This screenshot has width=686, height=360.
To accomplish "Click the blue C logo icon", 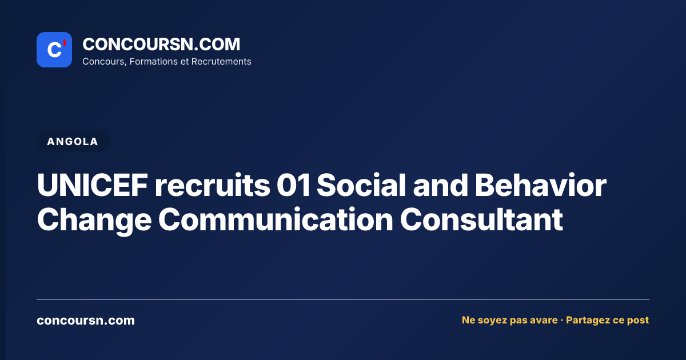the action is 54,50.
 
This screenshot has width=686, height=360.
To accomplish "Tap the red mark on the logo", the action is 65,43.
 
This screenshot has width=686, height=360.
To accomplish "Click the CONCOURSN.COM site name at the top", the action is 161,44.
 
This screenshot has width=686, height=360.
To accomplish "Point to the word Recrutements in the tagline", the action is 221,62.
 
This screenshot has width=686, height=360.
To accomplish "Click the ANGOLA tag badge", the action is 73,142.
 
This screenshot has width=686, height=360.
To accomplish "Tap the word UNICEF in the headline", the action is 93,185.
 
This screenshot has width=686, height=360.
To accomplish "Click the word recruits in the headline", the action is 213,186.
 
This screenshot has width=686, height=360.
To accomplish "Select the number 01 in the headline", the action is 293,185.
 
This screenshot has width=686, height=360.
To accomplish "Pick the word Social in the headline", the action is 361,185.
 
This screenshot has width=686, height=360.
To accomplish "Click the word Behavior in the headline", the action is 541,185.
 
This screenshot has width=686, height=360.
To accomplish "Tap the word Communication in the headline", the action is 276,219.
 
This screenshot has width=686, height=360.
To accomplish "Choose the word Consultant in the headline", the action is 481,219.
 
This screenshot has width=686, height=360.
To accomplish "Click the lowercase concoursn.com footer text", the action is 86,321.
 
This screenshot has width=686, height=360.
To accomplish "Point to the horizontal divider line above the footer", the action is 343,299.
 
